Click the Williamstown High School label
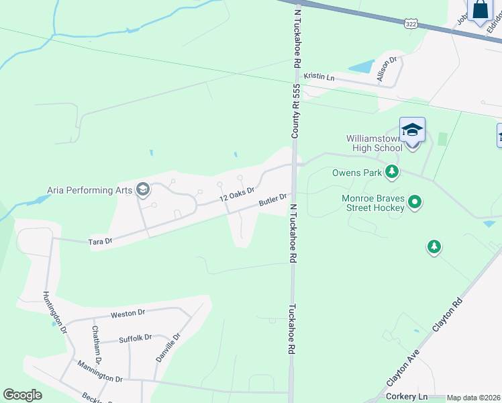click(374, 143)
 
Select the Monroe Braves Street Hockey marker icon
click(415, 201)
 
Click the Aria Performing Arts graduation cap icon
click(142, 190)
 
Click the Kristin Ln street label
click(319, 77)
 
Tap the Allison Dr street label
click(387, 69)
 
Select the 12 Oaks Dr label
click(238, 195)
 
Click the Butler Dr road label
click(273, 199)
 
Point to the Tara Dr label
click(99, 240)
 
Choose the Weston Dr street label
click(128, 313)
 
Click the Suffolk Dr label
click(135, 339)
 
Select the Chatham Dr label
click(96, 345)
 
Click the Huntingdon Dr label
click(54, 312)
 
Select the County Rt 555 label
click(295, 111)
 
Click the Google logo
click(22, 395)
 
